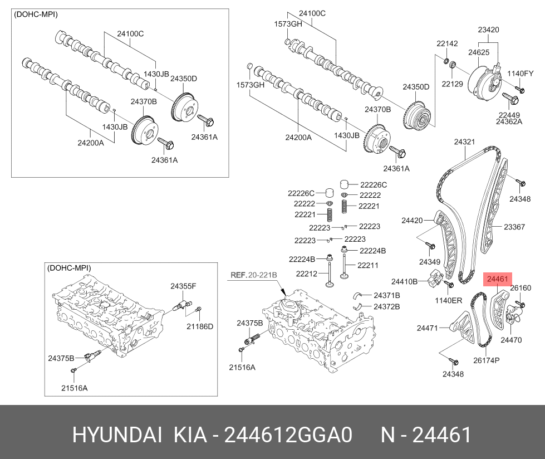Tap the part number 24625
click(x=478, y=52)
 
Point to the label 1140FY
click(x=521, y=74)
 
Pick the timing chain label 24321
click(x=464, y=142)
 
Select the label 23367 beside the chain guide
click(x=514, y=227)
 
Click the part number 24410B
click(x=404, y=281)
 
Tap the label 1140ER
click(x=448, y=300)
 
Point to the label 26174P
click(x=486, y=360)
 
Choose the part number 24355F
click(x=183, y=286)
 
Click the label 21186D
click(x=199, y=326)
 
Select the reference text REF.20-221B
click(x=254, y=275)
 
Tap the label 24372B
click(x=387, y=306)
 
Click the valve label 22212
click(x=306, y=274)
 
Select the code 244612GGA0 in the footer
click(x=288, y=435)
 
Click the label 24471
click(x=428, y=328)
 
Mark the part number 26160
click(x=521, y=288)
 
